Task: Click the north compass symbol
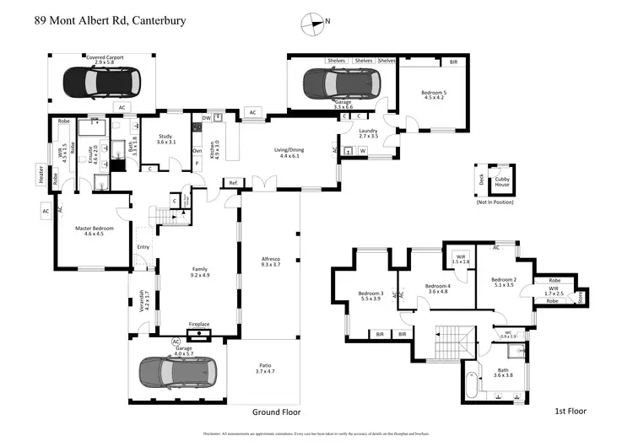[316, 24]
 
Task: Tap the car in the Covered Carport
[101, 82]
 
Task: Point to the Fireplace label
[198, 324]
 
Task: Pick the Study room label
[167, 140]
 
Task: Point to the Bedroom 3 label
[371, 296]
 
